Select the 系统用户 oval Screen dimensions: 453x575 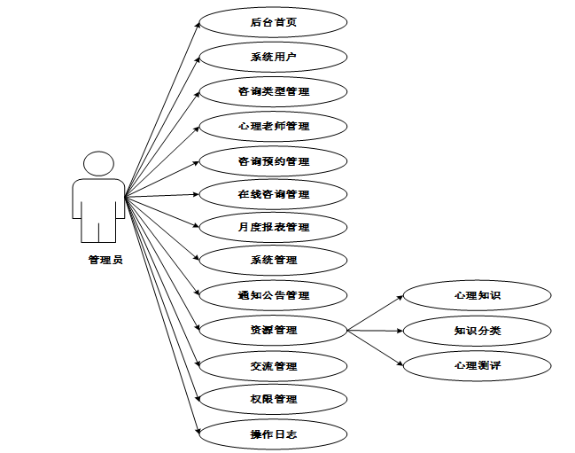(273, 57)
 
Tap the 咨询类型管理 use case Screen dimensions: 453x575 (273, 91)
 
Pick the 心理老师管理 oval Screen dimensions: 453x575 (273, 126)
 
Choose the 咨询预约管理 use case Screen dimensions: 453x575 (273, 161)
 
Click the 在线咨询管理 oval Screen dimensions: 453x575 (273, 194)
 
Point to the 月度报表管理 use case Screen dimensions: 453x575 (273, 227)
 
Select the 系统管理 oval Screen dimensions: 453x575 (273, 260)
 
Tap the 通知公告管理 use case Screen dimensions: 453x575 (273, 295)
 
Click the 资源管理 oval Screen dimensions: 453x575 (273, 330)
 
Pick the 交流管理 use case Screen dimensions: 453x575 (273, 365)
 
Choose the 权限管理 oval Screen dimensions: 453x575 (273, 399)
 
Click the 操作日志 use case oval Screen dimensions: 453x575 (273, 433)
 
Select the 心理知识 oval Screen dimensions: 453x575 (478, 295)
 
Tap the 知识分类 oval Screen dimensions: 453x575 (478, 331)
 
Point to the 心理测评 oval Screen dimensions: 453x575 (478, 364)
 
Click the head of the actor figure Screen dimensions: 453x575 (98, 164)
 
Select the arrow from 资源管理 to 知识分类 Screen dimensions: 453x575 (376, 331)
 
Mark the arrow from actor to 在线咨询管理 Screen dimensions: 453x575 (164, 195)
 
